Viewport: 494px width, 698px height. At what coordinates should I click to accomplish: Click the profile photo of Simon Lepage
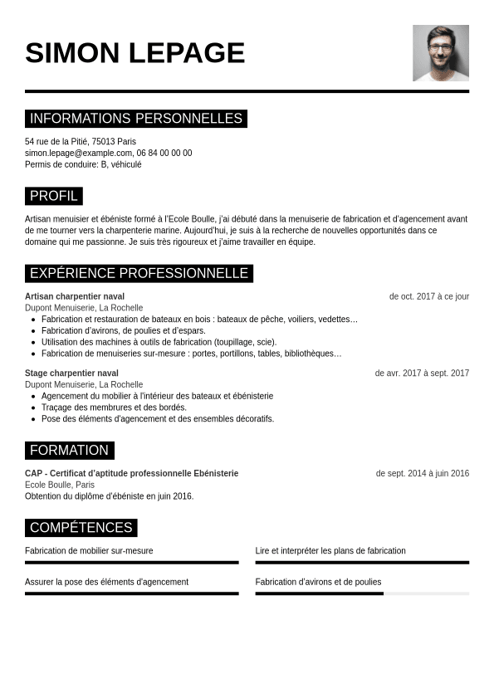[440, 53]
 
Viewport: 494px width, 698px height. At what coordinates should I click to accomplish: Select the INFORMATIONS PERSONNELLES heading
[136, 119]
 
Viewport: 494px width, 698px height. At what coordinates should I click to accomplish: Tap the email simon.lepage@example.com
[78, 153]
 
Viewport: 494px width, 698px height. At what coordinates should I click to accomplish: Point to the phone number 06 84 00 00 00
[164, 153]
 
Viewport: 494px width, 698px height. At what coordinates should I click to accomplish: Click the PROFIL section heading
[54, 196]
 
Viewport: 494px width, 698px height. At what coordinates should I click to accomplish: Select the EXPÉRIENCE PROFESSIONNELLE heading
[139, 273]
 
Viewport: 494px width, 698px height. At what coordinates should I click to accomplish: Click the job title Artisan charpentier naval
[75, 296]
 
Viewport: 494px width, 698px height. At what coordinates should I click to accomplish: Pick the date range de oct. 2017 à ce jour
[428, 296]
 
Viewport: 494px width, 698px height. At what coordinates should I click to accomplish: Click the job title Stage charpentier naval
[71, 373]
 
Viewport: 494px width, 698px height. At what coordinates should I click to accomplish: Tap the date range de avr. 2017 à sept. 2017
[422, 373]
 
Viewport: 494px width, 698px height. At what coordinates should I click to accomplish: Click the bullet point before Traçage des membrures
[33, 408]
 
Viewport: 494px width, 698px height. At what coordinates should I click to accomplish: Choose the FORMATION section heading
[69, 450]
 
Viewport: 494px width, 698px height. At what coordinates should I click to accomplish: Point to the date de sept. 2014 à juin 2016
[422, 474]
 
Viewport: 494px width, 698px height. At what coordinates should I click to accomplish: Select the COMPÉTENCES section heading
[81, 527]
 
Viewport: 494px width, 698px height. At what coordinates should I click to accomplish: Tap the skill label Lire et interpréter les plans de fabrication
[330, 551]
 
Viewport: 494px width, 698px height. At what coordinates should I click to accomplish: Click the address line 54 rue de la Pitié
[81, 142]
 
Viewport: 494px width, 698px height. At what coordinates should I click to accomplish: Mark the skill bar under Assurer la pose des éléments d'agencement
[131, 593]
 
